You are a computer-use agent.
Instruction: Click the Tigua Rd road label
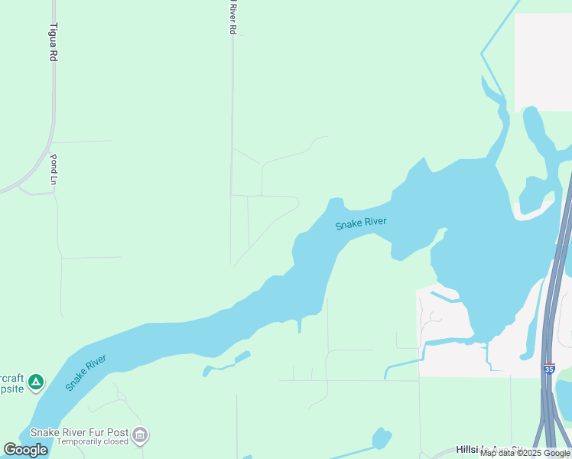click(53, 42)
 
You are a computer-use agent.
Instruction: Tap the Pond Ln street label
click(54, 170)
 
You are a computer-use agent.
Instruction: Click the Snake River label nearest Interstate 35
click(361, 223)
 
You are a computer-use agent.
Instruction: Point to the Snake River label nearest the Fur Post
click(85, 373)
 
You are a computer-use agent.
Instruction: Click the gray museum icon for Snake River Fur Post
click(139, 435)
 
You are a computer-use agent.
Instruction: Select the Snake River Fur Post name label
click(79, 431)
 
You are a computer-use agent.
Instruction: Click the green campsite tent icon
click(35, 381)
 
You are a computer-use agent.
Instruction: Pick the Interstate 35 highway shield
click(549, 369)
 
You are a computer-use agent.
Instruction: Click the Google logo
click(26, 450)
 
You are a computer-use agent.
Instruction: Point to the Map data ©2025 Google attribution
click(525, 454)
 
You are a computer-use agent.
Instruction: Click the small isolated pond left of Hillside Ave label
click(381, 438)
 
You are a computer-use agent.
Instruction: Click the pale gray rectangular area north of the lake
click(543, 61)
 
